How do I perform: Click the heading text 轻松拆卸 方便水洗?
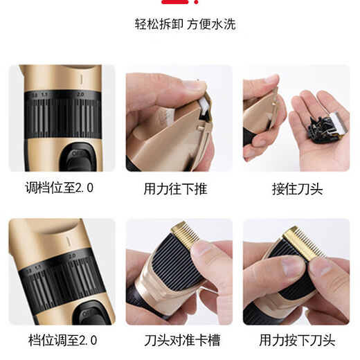(185, 24)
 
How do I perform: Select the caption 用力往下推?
(175, 188)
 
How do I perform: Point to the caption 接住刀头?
(298, 188)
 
